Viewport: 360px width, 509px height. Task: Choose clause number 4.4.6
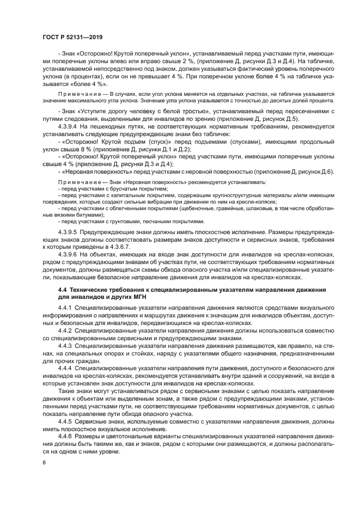click(x=66, y=438)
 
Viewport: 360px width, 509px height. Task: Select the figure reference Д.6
click(x=327, y=171)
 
